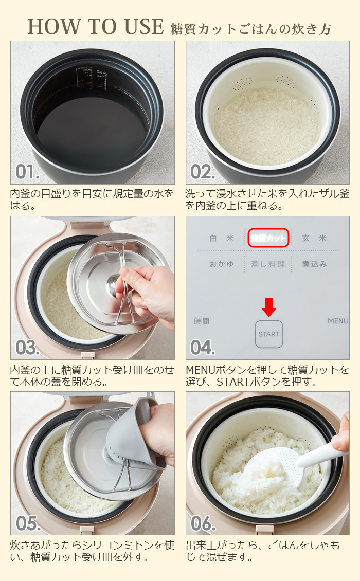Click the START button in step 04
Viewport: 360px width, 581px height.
269,334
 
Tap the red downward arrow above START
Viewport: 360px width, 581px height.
269,307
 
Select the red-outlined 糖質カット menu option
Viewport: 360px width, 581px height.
268,238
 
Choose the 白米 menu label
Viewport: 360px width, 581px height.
221,238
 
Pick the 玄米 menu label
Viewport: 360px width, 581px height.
314,238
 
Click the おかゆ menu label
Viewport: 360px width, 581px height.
221,264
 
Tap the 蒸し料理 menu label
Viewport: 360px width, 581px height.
268,264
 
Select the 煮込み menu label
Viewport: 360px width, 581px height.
314,264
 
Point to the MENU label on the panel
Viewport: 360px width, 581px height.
338,321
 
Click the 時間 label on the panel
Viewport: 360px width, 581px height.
202,321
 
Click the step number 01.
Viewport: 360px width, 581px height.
27,172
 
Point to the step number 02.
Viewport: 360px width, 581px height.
202,172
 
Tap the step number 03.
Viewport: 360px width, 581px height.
27,348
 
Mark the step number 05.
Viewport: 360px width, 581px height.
28,523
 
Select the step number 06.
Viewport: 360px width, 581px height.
203,523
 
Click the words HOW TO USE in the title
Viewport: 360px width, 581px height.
96,27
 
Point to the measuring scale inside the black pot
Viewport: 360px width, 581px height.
92,79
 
